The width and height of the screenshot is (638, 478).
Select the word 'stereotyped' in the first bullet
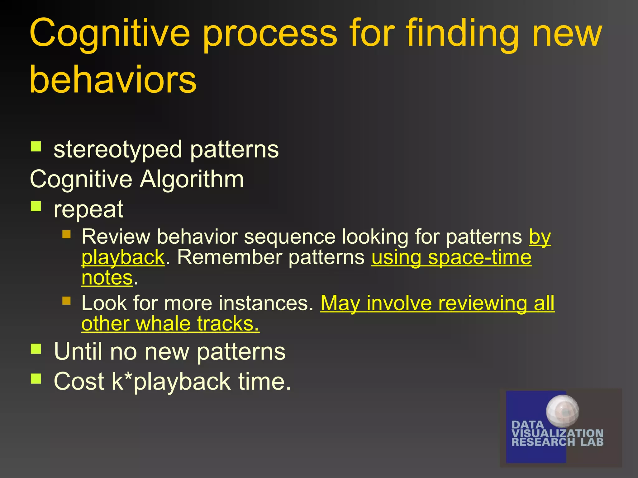[x=117, y=150]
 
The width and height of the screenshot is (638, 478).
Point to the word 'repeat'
[x=88, y=209]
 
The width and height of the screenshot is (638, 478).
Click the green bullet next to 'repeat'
[x=36, y=206]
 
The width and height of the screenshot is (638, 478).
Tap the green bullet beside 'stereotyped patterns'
[x=36, y=146]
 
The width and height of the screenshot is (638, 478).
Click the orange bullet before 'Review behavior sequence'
[x=66, y=234]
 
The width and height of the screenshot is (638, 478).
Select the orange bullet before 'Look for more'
[x=66, y=300]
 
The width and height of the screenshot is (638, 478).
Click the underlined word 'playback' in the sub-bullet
[x=123, y=258]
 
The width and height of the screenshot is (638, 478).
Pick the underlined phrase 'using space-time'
[x=451, y=258]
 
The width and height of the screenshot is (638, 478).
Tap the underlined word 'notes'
[x=107, y=278]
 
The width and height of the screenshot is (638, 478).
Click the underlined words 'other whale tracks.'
[x=170, y=324]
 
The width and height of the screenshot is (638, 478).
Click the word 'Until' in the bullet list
[x=78, y=352]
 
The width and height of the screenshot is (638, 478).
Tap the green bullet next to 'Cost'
[x=36, y=378]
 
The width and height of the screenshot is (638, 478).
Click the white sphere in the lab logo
[x=562, y=411]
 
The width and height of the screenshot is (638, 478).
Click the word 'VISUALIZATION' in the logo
[x=557, y=433]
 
